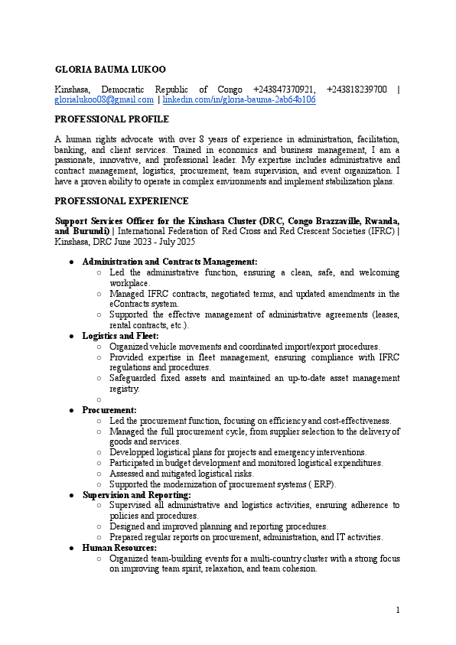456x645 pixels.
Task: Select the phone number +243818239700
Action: (x=357, y=90)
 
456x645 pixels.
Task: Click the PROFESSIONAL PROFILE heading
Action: (x=112, y=119)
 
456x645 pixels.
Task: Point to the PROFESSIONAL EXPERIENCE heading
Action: (x=121, y=201)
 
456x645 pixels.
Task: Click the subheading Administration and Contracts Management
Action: (x=170, y=262)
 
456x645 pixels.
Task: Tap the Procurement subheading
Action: (x=109, y=410)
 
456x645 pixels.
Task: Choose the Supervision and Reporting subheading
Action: (x=136, y=495)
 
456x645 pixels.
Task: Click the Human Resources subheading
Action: (x=119, y=548)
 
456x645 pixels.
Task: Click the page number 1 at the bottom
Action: (x=398, y=610)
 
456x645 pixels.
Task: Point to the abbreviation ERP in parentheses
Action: (x=325, y=484)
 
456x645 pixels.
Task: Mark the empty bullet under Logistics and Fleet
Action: (x=99, y=399)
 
